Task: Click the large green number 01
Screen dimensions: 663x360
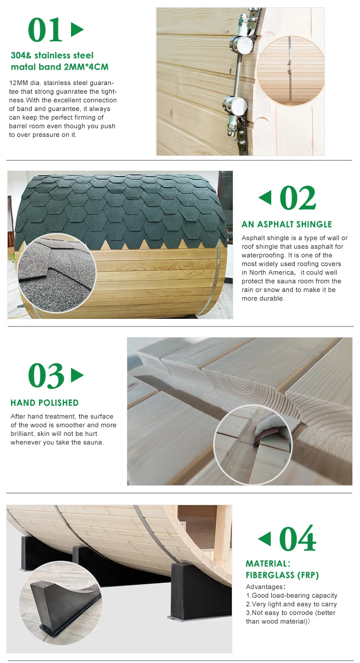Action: point(45,30)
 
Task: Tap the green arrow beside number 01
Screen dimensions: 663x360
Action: point(77,30)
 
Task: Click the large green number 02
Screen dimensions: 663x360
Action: point(297,198)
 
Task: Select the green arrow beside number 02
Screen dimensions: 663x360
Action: point(265,197)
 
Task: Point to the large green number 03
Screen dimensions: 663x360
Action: point(46,375)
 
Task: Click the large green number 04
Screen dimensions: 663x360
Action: point(297,539)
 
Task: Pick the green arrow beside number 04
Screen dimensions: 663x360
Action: point(264,539)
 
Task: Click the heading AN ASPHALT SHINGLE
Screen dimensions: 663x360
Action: point(287,224)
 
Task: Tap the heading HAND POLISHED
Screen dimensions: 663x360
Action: point(45,403)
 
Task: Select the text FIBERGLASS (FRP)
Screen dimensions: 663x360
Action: point(282,575)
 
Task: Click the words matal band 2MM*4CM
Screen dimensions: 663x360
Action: point(60,67)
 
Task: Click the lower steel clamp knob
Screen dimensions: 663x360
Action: point(235,106)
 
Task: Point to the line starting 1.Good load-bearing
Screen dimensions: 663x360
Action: point(291,595)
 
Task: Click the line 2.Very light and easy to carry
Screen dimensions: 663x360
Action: point(291,604)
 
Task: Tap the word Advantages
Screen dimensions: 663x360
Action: point(264,587)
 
